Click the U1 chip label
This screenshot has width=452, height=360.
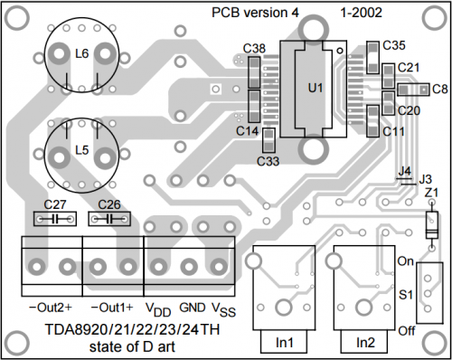pos(315,88)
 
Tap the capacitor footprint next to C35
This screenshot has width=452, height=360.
pos(373,57)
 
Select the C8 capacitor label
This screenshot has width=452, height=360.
pos(440,90)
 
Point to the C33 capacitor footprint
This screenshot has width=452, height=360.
pos(268,140)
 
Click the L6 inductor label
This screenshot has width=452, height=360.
pos(81,54)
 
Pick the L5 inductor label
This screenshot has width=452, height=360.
pos(81,150)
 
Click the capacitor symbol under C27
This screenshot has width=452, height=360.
pos(55,219)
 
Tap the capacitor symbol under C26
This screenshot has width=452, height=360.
pos(109,219)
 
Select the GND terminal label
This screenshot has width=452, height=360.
pos(193,308)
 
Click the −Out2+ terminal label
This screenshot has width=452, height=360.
pos(51,308)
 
